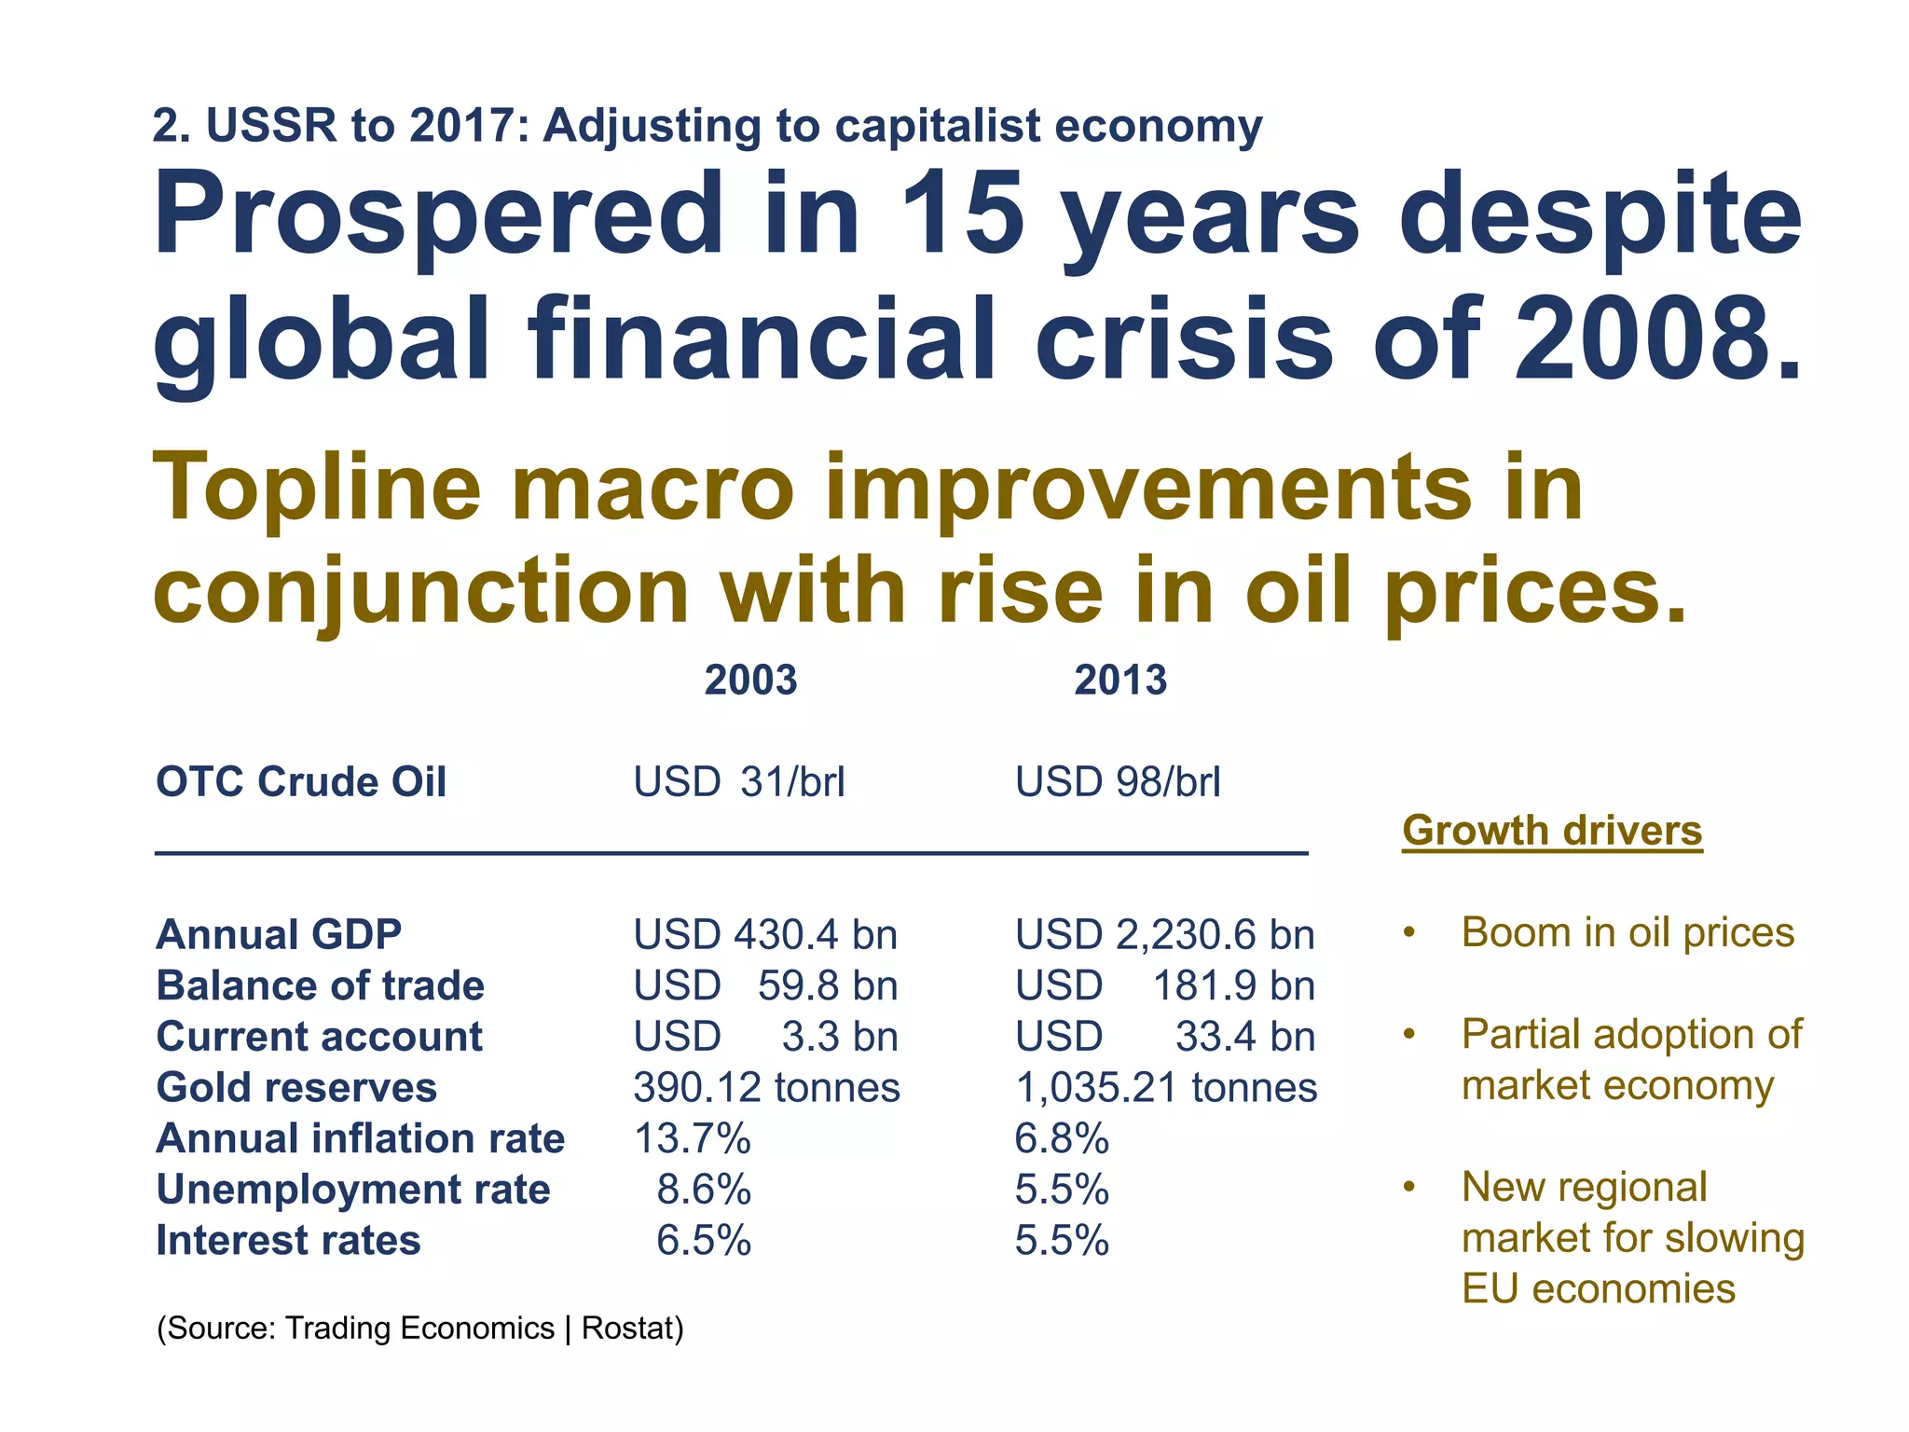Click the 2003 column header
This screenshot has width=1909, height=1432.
coord(750,680)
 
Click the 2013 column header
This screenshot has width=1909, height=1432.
coord(1119,680)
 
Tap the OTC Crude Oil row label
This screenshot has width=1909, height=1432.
coord(301,781)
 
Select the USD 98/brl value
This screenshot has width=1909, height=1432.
coord(1117,781)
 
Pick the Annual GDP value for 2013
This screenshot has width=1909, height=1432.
coord(1164,934)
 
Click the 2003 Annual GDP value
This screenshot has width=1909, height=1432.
coord(764,934)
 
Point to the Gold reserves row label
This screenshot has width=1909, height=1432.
coord(296,1087)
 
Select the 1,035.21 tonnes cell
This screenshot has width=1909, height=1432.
coord(1165,1087)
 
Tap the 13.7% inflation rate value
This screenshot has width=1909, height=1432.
coord(692,1138)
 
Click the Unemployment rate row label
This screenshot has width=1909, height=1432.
coord(352,1190)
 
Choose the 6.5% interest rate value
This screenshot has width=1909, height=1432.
coord(703,1241)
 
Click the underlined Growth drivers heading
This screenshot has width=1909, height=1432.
coord(1552,830)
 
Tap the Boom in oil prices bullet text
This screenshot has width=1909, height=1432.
coord(1627,932)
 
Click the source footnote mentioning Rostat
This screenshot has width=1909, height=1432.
coord(419,1328)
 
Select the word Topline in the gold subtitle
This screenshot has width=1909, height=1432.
coord(317,489)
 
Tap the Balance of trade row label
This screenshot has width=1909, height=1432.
coord(320,985)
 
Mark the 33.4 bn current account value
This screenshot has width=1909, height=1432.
coord(1243,1037)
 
